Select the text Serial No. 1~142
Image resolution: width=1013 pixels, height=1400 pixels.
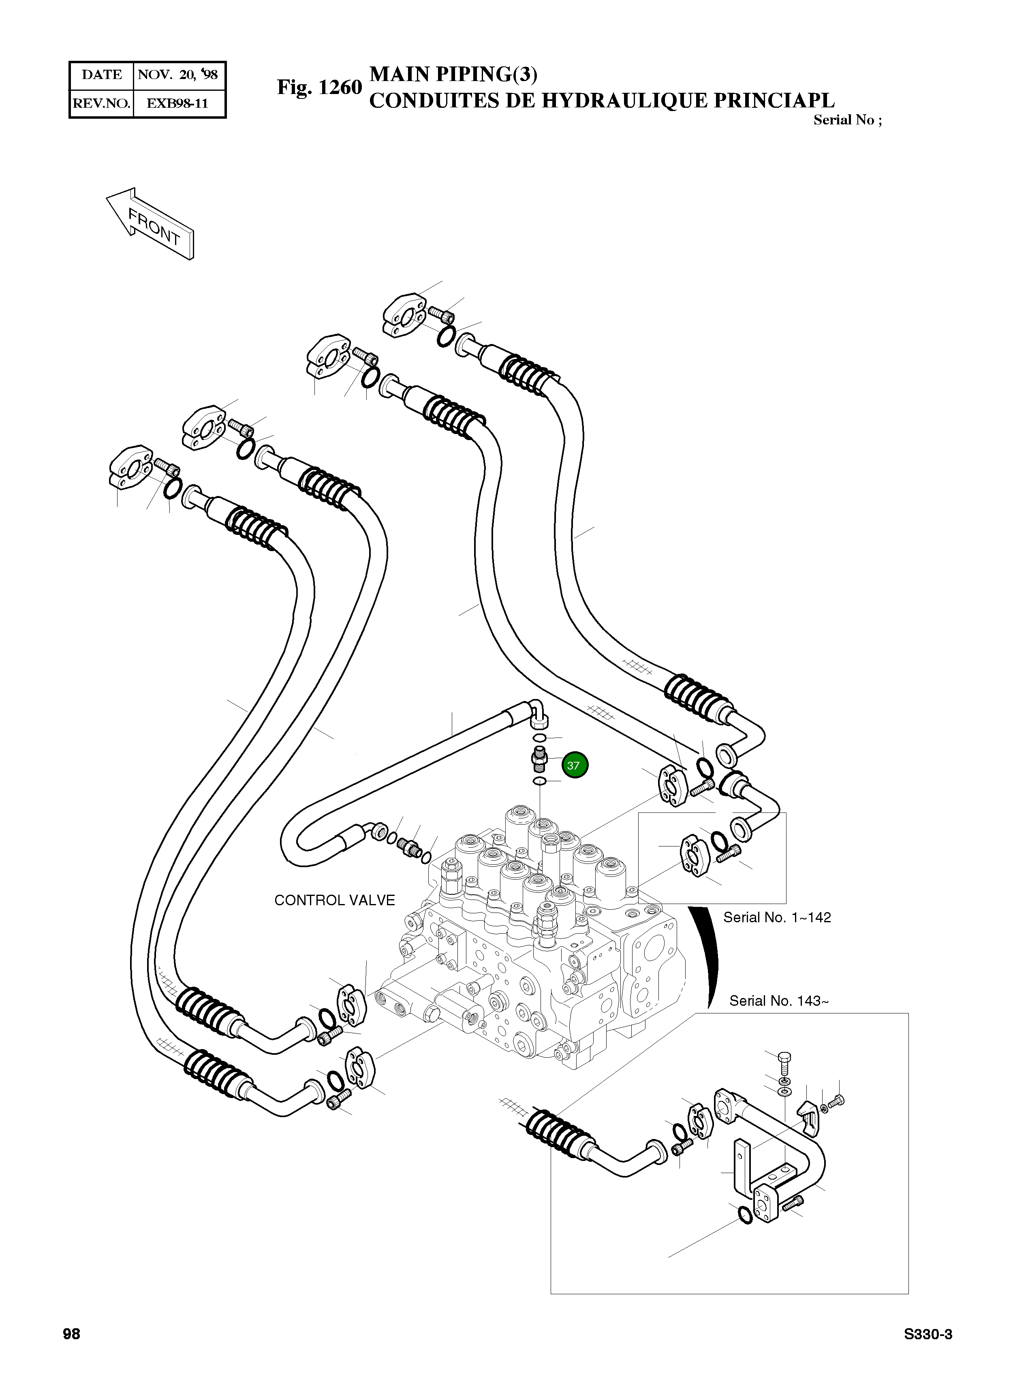[x=777, y=917]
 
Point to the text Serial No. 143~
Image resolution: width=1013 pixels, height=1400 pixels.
[x=779, y=1000]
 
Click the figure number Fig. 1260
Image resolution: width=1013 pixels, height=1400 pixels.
[x=319, y=88]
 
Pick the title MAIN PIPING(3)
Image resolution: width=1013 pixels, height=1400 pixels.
[x=453, y=74]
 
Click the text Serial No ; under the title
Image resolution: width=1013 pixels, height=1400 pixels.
[x=848, y=120]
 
